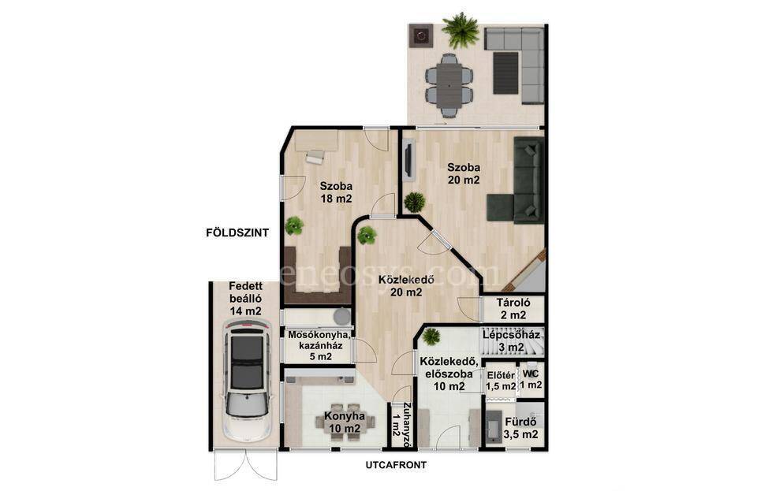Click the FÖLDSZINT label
[237, 233]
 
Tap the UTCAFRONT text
[396, 466]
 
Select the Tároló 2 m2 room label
[513, 309]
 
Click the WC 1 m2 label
[531, 380]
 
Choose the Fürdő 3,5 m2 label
[520, 428]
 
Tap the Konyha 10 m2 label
[344, 422]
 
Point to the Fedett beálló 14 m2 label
[245, 299]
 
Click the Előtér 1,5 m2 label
[501, 381]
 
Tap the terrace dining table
[449, 86]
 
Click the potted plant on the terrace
[460, 30]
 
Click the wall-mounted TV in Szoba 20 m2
[408, 160]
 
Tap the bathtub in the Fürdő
[494, 427]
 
